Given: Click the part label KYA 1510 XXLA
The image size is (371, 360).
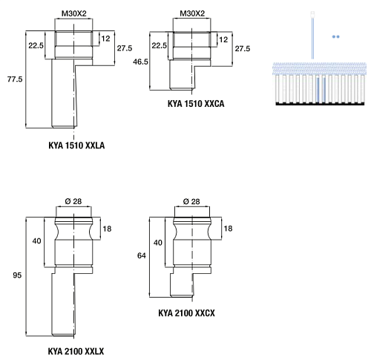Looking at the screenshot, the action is pyautogui.click(x=76, y=145).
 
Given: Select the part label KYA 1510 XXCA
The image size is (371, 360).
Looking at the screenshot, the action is pyautogui.click(x=196, y=104).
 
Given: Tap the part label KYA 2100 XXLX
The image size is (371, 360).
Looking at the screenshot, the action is pyautogui.click(x=76, y=351).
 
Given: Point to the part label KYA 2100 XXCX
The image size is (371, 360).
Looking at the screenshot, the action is pyautogui.click(x=186, y=313).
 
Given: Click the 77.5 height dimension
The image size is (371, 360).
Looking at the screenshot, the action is pyautogui.click(x=15, y=79).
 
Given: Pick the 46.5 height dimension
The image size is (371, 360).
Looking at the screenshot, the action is pyautogui.click(x=140, y=62).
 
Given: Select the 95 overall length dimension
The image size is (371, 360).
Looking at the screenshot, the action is pyautogui.click(x=17, y=275).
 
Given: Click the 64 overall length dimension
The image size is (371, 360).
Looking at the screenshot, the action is pyautogui.click(x=142, y=255).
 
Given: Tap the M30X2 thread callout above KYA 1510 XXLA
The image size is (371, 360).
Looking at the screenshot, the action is pyautogui.click(x=74, y=13).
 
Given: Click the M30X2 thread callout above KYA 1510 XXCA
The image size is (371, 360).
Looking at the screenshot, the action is pyautogui.click(x=192, y=13).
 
